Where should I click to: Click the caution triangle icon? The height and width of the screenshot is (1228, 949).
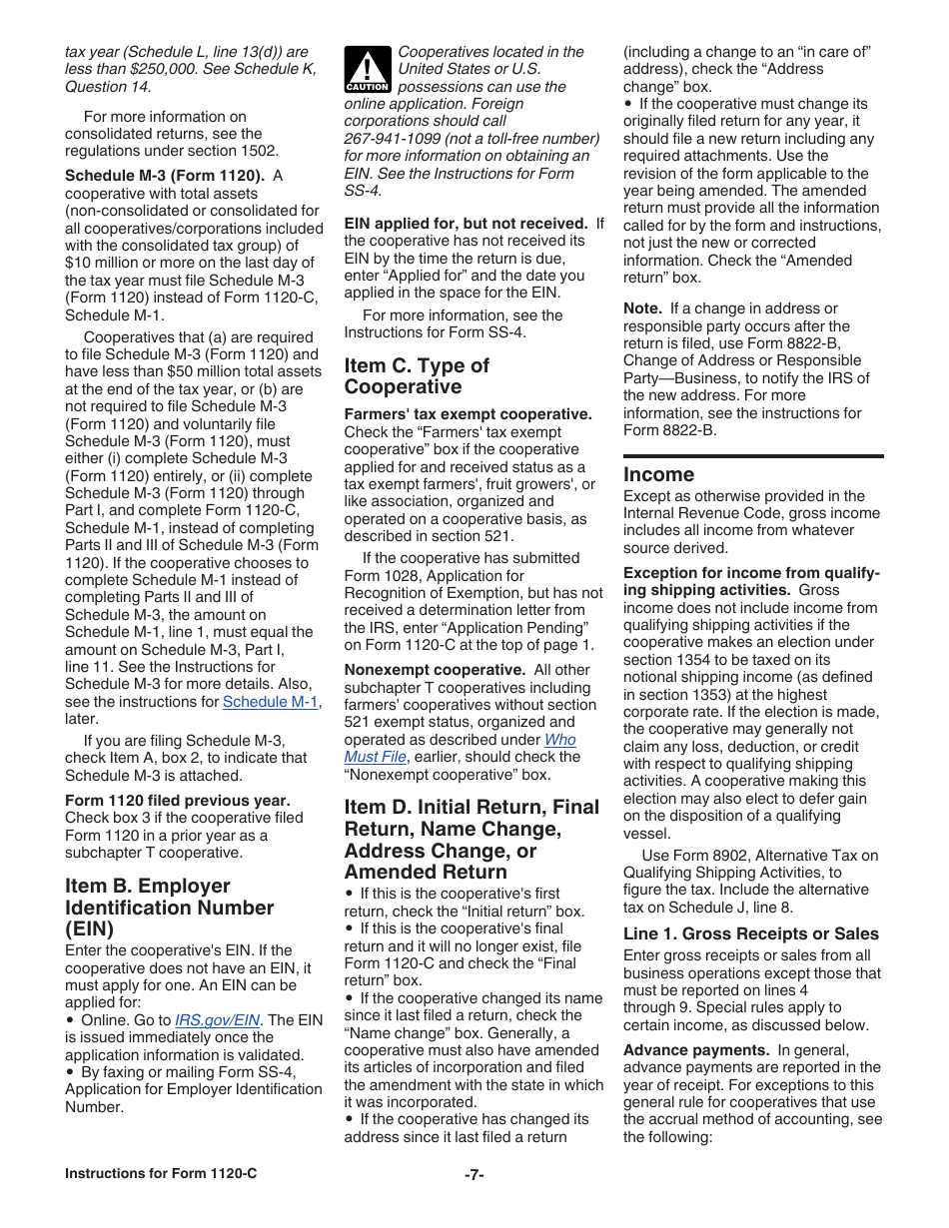tap(367, 70)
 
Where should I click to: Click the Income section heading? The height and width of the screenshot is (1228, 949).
tap(658, 474)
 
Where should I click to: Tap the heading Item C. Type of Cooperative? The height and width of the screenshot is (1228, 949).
tap(417, 376)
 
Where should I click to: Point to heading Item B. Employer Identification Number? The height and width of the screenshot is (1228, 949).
tap(169, 907)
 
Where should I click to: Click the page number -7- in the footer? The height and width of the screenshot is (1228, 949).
tap(474, 1174)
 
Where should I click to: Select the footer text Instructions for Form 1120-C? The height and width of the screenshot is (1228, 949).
tap(161, 1174)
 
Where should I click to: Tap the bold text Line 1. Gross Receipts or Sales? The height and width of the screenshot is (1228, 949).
tap(750, 934)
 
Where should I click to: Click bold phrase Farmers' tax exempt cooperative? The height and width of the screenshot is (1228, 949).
tap(468, 414)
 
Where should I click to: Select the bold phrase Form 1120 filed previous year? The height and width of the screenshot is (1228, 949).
tap(177, 801)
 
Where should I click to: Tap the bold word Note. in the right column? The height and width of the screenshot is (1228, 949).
tap(642, 308)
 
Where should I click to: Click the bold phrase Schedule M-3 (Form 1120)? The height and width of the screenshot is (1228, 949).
tap(164, 176)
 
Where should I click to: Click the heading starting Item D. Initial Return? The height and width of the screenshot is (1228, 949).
tap(472, 839)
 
